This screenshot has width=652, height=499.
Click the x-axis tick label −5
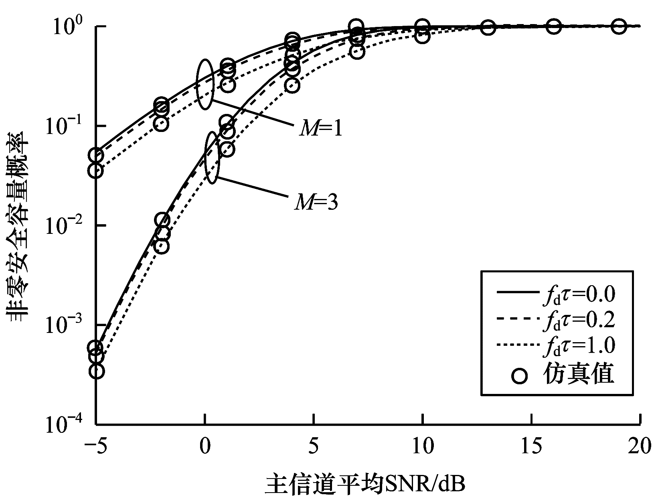[96, 446]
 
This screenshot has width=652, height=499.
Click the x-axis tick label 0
[205, 446]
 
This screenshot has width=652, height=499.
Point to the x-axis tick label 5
[314, 446]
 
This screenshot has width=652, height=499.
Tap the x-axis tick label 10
[423, 446]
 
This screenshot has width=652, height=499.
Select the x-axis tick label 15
[532, 446]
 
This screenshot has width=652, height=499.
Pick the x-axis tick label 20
[639, 446]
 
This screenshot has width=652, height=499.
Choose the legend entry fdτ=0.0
[578, 294]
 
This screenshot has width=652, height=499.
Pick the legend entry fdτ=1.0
[578, 345]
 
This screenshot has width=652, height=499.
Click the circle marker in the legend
[520, 375]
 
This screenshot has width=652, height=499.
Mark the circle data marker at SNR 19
[619, 26]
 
